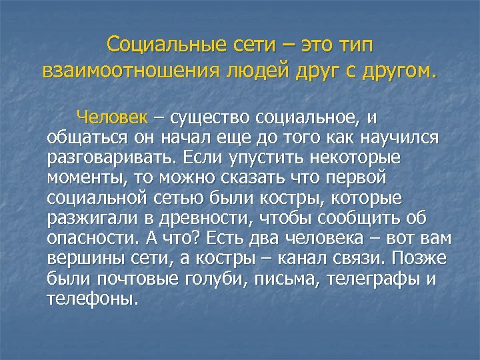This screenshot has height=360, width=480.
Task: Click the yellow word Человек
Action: (x=121, y=119)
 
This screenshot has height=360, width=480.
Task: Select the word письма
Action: (x=290, y=279)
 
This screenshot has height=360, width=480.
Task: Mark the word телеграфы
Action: (x=376, y=279)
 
